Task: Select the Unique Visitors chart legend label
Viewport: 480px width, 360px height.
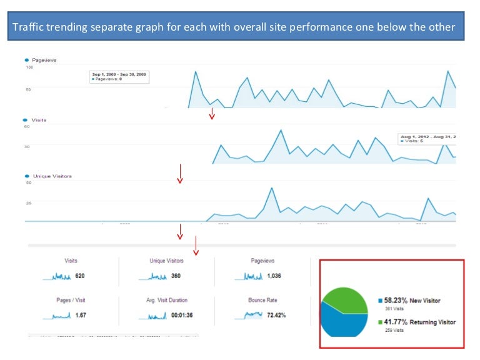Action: pyautogui.click(x=52, y=176)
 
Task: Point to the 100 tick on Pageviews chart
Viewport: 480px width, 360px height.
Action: pyautogui.click(x=29, y=67)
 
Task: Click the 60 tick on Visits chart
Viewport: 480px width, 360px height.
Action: pyautogui.click(x=27, y=126)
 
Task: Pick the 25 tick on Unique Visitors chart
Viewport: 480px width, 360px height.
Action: pyautogui.click(x=28, y=202)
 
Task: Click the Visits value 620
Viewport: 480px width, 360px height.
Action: pyautogui.click(x=79, y=276)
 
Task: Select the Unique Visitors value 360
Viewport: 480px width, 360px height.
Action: pyautogui.click(x=176, y=276)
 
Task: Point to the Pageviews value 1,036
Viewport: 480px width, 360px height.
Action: pyautogui.click(x=274, y=276)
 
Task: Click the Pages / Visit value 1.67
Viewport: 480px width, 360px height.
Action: pyautogui.click(x=79, y=316)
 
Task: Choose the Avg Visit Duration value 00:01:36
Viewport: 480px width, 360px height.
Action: pyautogui.click(x=182, y=316)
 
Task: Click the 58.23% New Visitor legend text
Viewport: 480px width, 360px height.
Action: pyautogui.click(x=412, y=301)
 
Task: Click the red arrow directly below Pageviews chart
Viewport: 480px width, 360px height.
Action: pyautogui.click(x=212, y=113)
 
